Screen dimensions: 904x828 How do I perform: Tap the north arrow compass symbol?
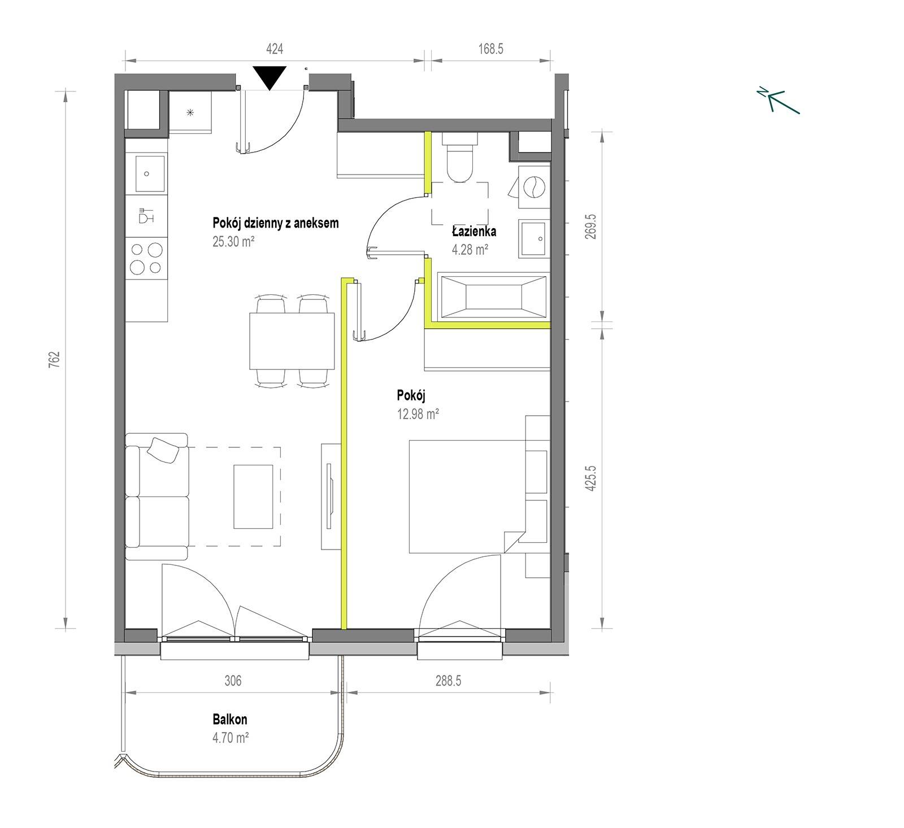779,101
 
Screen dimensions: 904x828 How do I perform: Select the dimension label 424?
275,49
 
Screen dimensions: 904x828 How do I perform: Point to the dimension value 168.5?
490,49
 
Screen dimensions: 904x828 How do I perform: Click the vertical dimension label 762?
54,359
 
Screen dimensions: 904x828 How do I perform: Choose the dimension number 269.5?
590,226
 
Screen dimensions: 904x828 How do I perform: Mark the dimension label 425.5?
590,478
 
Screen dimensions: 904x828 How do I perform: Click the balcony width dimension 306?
233,681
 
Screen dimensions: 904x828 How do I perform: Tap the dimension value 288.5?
448,681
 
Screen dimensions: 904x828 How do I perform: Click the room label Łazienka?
474,230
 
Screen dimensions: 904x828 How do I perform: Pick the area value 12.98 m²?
418,414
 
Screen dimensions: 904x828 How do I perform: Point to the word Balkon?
230,720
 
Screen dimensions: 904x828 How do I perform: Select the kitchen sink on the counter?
147,173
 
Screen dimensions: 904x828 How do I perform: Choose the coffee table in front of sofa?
254,496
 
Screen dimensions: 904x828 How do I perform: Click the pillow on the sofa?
164,450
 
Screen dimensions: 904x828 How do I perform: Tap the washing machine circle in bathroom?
532,186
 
